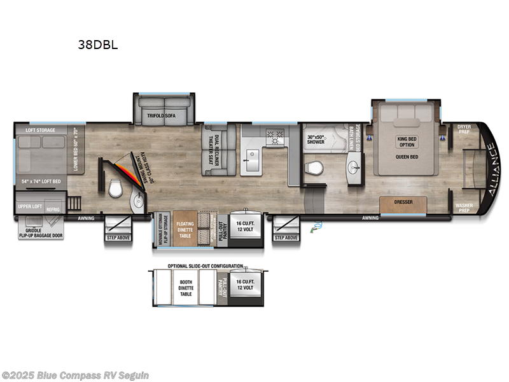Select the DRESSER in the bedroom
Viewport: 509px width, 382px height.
point(403,202)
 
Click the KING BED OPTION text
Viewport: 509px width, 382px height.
point(406,141)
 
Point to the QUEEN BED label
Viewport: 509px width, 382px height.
point(406,157)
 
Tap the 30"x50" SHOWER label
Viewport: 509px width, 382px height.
point(316,139)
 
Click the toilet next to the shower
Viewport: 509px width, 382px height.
point(312,169)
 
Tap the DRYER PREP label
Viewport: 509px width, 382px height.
point(464,129)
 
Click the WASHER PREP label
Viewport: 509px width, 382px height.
point(464,208)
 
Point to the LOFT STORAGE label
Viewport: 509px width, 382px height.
point(40,130)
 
